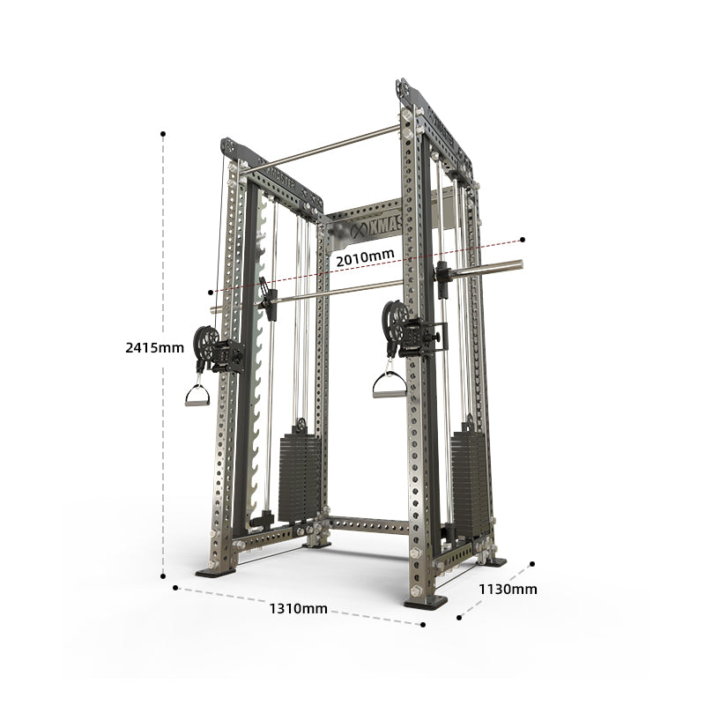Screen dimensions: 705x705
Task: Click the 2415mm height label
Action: [155, 347]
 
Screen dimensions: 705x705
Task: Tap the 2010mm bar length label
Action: [365, 256]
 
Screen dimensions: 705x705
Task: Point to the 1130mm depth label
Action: [508, 590]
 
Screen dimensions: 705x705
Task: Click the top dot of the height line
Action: [163, 134]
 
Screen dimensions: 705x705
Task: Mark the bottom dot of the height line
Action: [163, 576]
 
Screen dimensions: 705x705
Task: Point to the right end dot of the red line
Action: [523, 239]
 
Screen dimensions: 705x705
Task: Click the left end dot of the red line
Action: [210, 291]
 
